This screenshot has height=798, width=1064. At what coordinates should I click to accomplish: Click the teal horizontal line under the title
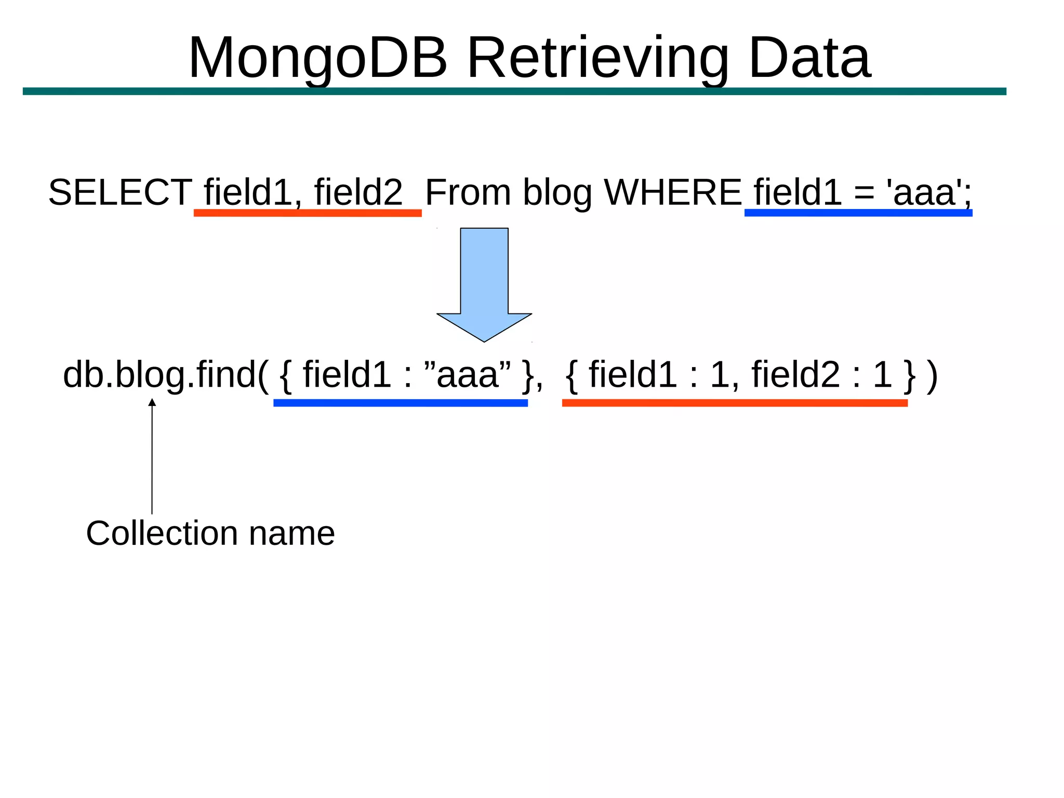pos(514,91)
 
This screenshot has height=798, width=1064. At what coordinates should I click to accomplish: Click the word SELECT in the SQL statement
pos(120,192)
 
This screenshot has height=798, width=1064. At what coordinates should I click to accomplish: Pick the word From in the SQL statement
pos(468,192)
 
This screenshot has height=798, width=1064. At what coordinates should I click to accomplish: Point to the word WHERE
pos(673,192)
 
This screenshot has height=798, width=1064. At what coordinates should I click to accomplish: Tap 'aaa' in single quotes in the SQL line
pos(924,192)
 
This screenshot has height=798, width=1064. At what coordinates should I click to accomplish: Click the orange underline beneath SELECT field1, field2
pos(308,213)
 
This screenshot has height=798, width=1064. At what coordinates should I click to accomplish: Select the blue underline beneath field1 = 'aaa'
pos(858,213)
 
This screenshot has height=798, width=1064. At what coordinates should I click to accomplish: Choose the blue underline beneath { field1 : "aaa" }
pos(401,403)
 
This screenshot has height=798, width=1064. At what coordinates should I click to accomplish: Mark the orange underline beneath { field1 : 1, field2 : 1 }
pos(735,403)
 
